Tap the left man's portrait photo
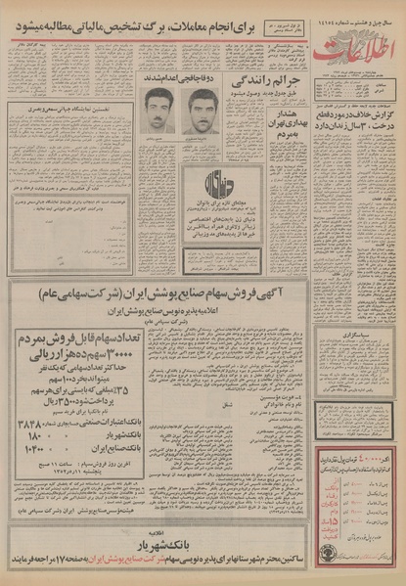153,110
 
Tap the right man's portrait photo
201,110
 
